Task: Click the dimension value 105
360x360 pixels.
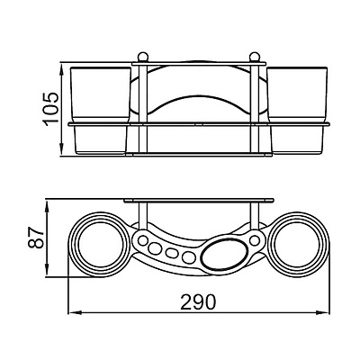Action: click(50, 110)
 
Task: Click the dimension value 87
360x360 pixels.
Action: click(36, 238)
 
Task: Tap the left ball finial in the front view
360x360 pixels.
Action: click(142, 57)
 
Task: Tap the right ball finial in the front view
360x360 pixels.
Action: click(255, 57)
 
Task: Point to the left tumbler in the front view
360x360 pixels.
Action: click(100, 111)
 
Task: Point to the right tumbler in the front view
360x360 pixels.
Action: click(298, 111)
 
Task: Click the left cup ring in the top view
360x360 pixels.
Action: click(73, 245)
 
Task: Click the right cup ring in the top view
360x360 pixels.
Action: click(325, 245)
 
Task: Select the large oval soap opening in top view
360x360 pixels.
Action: click(224, 252)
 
